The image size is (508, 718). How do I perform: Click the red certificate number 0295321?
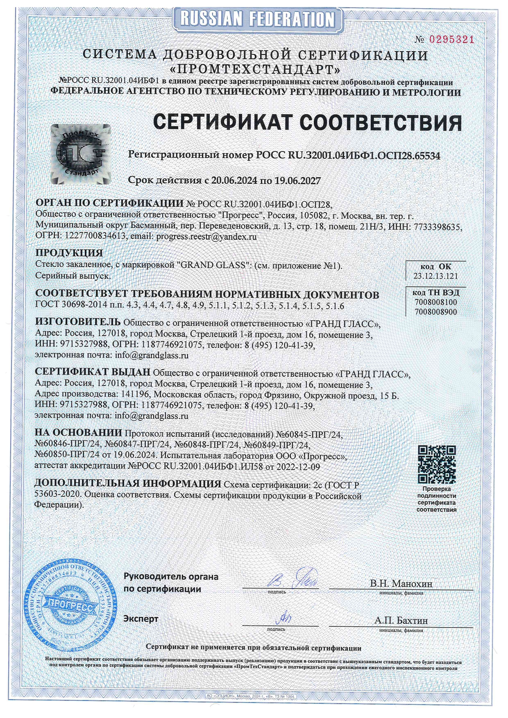[x=451, y=39]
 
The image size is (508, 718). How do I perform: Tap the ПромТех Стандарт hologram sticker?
[x=81, y=154]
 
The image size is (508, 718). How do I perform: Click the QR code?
[x=436, y=464]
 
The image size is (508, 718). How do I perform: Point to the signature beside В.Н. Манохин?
[x=295, y=579]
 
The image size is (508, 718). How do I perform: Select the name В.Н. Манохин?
[x=401, y=583]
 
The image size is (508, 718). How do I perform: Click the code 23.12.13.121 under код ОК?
[x=435, y=276]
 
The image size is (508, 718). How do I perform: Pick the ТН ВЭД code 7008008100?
[x=435, y=302]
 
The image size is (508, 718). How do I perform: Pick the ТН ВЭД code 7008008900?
[x=435, y=312]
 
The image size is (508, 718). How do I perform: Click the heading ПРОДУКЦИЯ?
[x=69, y=253]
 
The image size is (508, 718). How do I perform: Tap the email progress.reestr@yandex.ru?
[x=206, y=237]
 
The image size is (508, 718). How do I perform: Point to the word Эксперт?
[x=141, y=619]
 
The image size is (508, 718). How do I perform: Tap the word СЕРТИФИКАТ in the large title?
[x=224, y=122]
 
